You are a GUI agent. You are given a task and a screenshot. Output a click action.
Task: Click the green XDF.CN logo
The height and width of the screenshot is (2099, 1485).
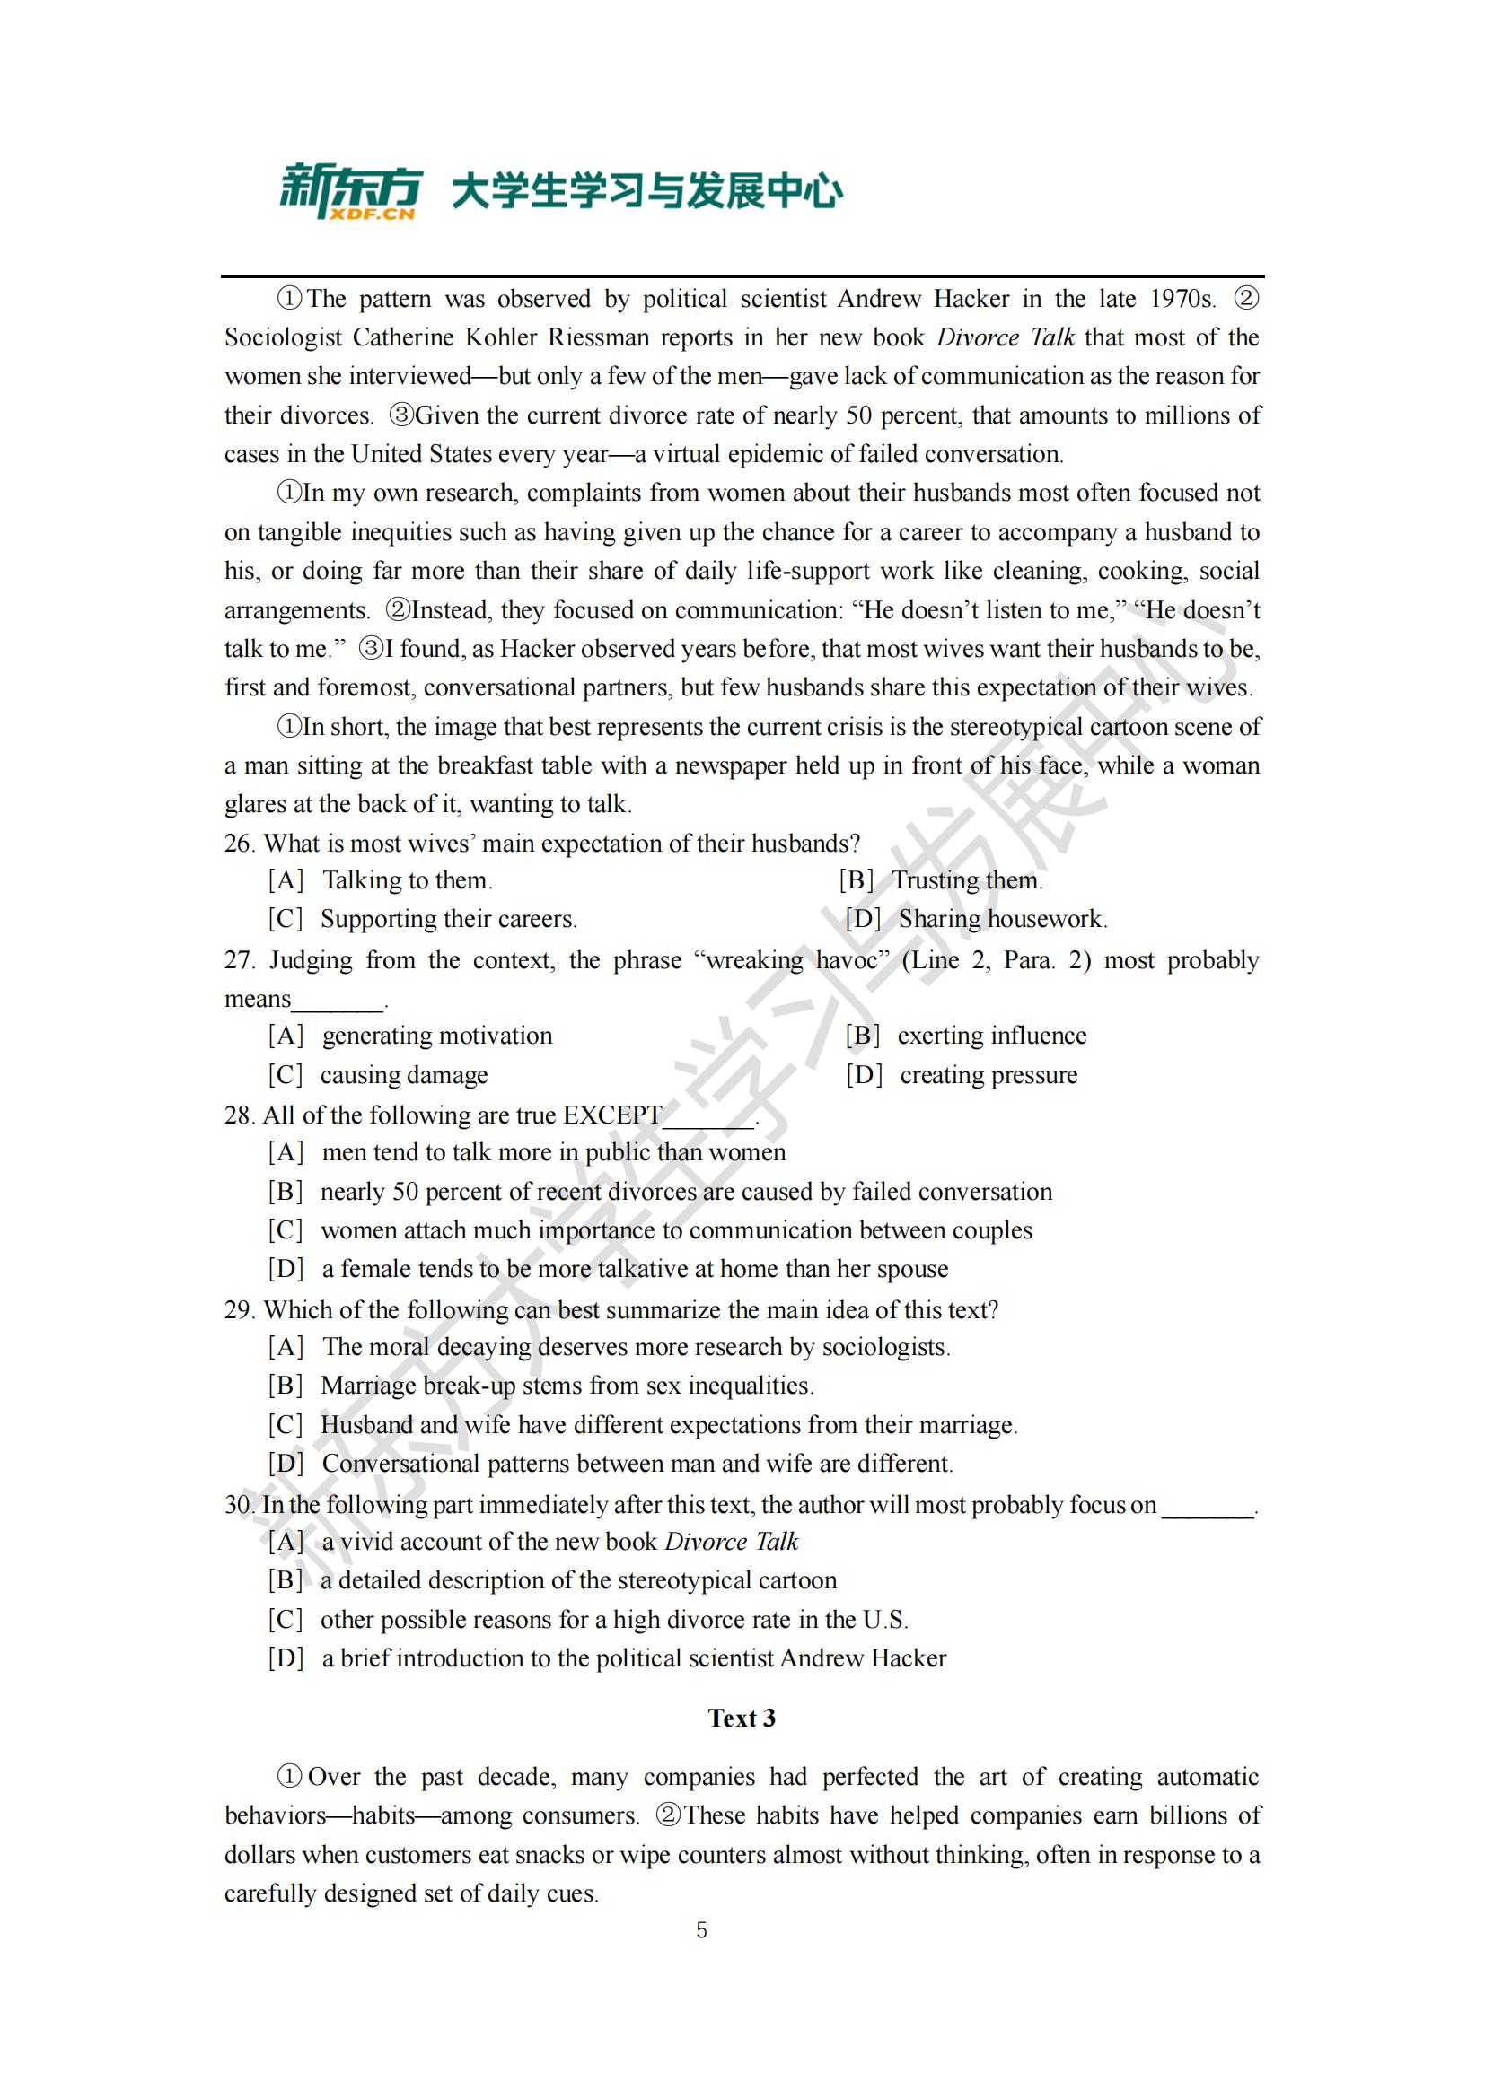[x=350, y=191]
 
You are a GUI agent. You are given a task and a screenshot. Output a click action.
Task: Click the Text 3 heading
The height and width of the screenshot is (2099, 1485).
[x=742, y=1718]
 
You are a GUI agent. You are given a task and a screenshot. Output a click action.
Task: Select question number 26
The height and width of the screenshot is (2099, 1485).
[x=239, y=843]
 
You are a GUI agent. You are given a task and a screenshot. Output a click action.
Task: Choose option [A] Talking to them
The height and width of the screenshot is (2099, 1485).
[x=381, y=880]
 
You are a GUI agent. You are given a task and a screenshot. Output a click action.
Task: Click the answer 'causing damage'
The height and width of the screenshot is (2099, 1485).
[x=403, y=1075]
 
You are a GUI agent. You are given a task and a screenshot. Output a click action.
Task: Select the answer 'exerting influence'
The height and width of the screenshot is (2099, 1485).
[x=991, y=1036]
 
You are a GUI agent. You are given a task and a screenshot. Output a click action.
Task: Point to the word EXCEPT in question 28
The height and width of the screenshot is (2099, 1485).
[x=611, y=1115]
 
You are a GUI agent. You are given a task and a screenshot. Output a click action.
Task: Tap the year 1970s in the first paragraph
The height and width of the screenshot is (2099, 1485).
[x=1182, y=299]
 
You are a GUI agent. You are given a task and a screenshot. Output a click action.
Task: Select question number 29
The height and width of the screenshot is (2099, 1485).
[x=239, y=1310]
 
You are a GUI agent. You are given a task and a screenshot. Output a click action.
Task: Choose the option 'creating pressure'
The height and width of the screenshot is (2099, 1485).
[x=988, y=1075]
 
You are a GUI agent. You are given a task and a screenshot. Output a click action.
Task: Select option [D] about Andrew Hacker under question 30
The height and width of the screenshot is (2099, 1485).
[x=607, y=1658]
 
